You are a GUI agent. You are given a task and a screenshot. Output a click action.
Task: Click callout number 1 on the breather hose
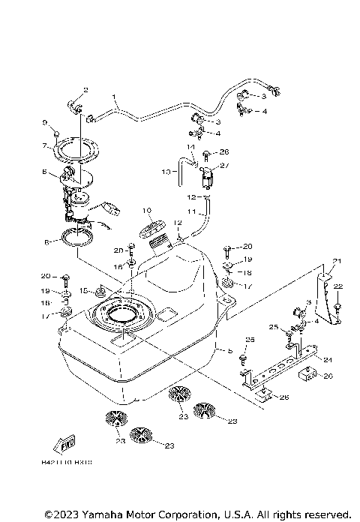115,97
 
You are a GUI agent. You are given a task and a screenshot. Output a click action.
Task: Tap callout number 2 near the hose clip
85,90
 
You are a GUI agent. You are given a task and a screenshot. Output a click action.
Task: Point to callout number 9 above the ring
45,122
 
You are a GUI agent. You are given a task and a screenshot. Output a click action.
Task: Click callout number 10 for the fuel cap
147,211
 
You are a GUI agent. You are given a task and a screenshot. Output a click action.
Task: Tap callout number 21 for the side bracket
337,261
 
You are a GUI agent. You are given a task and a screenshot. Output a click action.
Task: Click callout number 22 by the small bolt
337,286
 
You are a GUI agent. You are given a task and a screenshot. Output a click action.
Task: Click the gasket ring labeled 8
78,239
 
